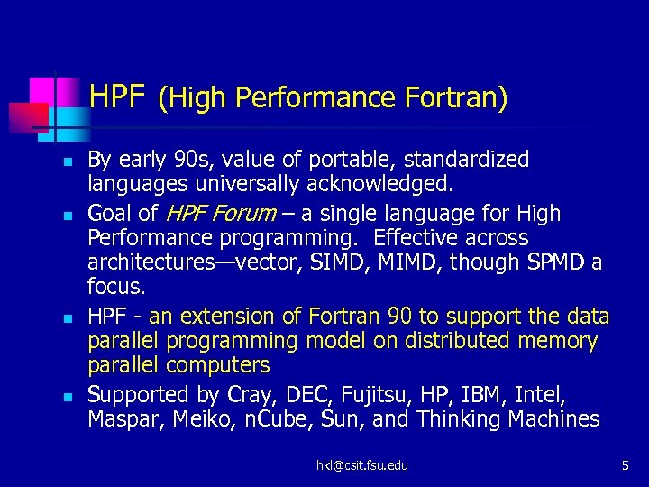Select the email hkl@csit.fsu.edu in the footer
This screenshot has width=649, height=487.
[x=361, y=465]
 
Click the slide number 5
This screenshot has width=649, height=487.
[x=625, y=465]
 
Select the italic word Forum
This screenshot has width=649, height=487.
[x=246, y=214]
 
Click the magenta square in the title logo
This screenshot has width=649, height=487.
[x=42, y=90]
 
